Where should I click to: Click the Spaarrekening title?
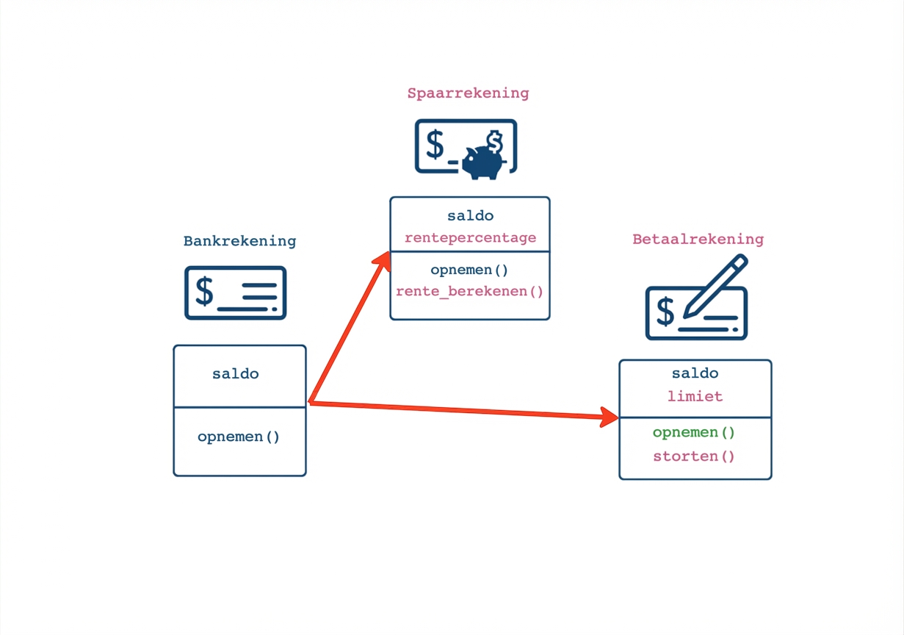pos(468,93)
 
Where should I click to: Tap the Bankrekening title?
pos(239,241)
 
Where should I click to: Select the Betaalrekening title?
pos(698,239)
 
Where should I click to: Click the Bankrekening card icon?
pos(235,293)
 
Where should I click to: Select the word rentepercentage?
pos(470,238)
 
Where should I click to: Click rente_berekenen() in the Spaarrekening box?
pos(470,291)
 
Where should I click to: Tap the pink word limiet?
pos(695,396)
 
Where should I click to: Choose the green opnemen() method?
pos(694,432)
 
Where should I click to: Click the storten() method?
pos(694,456)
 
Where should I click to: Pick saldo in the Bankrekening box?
pos(236,373)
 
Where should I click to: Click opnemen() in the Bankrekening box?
pos(239,437)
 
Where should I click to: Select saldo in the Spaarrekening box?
pos(470,216)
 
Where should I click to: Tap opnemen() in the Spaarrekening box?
pos(470,270)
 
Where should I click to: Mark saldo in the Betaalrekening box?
pos(695,373)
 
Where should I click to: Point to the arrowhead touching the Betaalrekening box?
pos(609,417)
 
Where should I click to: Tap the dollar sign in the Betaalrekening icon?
pos(665,312)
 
